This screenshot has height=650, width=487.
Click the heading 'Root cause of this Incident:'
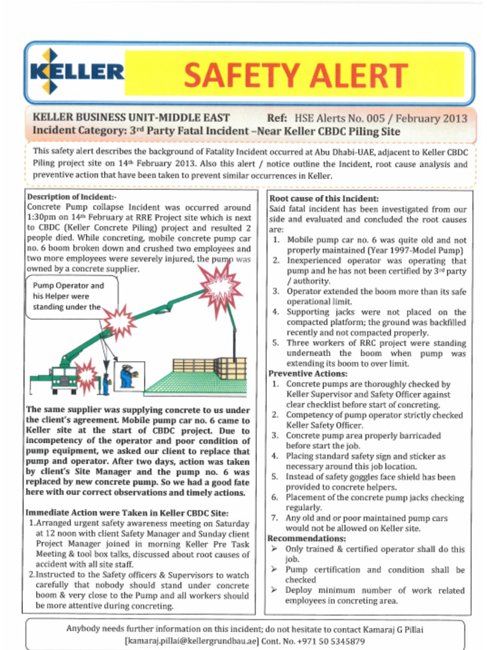point(315,199)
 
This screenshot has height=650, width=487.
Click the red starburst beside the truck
point(86,375)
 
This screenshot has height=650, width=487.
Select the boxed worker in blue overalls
point(128,376)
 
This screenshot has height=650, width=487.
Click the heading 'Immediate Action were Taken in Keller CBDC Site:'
point(126,513)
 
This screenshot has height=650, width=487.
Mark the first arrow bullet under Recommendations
point(275,549)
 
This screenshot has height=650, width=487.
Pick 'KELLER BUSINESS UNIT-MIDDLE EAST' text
point(131,118)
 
